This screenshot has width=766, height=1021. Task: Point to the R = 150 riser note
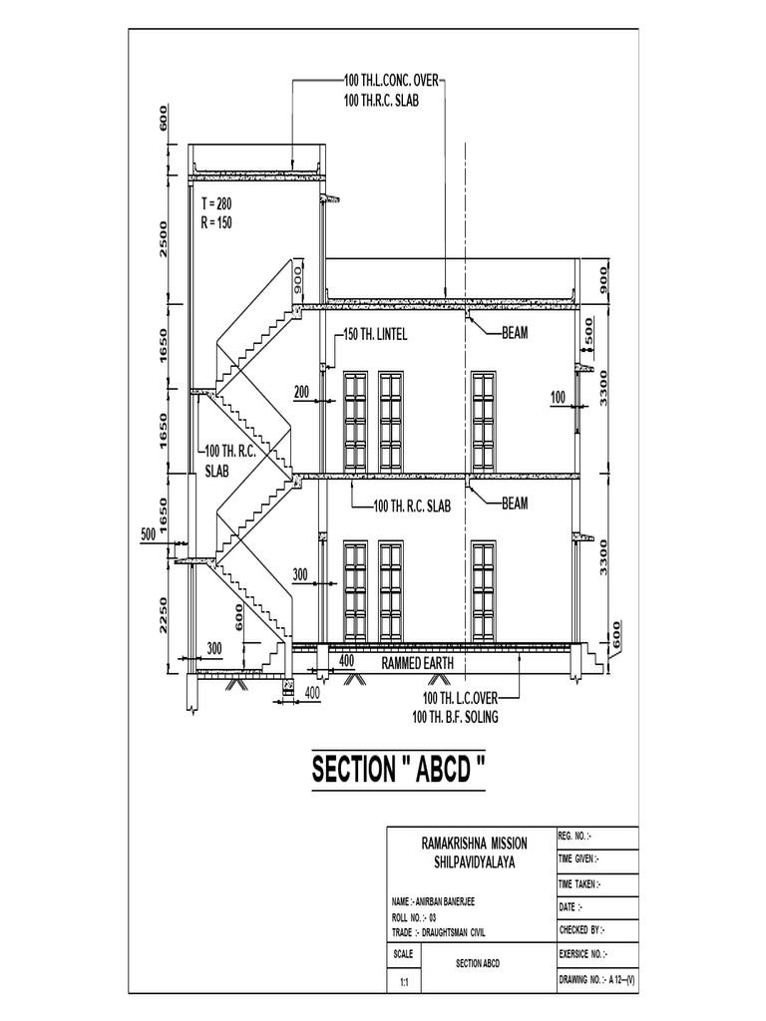click(215, 222)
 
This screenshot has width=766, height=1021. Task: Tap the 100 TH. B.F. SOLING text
click(455, 716)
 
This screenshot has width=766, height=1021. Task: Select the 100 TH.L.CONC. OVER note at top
click(391, 80)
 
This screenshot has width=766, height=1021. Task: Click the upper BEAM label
click(515, 333)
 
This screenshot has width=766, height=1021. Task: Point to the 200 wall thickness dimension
click(301, 392)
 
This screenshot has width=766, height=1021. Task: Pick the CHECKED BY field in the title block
click(581, 929)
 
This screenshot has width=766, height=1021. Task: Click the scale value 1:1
click(404, 982)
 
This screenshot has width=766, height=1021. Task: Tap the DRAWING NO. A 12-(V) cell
click(596, 981)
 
